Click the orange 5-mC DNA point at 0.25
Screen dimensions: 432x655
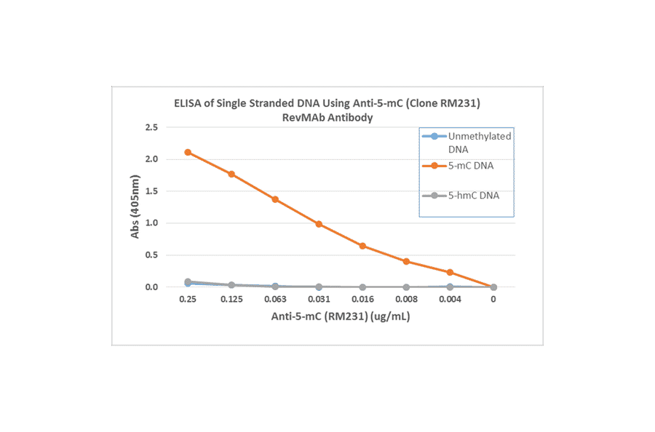tap(188, 152)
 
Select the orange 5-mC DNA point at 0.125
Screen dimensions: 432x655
tap(231, 174)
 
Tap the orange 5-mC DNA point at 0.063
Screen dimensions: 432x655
tap(275, 199)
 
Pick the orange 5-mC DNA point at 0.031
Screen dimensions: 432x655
tap(319, 224)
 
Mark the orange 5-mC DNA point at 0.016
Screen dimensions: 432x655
tap(362, 246)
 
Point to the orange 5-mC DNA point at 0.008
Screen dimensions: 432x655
tap(406, 261)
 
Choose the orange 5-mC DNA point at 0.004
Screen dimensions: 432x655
tap(450, 272)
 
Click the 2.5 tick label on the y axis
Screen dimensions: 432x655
tap(151, 127)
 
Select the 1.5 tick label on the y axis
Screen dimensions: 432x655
tap(151, 191)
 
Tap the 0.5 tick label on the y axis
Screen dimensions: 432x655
tap(151, 255)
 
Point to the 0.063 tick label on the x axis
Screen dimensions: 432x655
tap(275, 299)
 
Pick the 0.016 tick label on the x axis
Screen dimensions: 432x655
tap(362, 299)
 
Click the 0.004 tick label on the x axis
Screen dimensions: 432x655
tap(450, 299)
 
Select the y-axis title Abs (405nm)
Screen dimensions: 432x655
tap(135, 207)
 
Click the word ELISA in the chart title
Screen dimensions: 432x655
tap(187, 104)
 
